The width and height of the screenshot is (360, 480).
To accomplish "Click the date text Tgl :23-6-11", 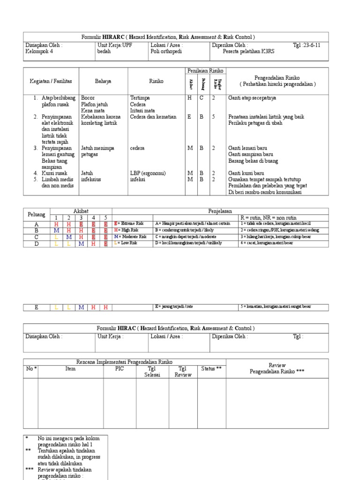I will [307, 45].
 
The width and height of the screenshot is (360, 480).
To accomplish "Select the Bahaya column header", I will [103, 81].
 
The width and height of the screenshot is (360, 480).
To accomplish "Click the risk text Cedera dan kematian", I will [153, 117].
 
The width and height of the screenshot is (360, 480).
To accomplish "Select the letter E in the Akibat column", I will [190, 117].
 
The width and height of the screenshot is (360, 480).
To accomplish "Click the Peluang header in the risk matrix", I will [37, 214].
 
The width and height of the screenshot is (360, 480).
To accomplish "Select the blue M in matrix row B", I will [56, 230].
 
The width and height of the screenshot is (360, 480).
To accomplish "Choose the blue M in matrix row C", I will [68, 237].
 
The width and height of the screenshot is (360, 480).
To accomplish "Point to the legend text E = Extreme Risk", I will [129, 224].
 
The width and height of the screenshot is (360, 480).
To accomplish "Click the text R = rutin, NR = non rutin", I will [267, 218].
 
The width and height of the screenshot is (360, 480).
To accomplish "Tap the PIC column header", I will [120, 369].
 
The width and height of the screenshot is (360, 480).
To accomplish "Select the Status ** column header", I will [211, 369].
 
